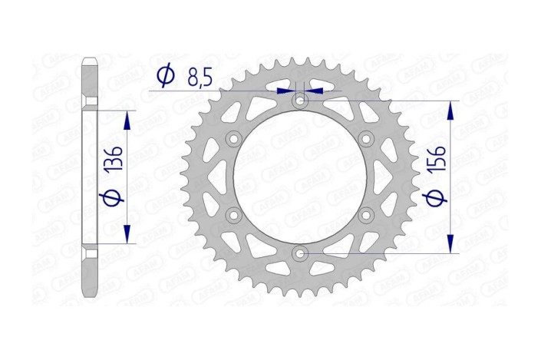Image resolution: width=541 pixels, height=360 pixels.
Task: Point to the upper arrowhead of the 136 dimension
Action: [x=127, y=117]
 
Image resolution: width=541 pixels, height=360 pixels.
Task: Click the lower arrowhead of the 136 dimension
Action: [x=127, y=236]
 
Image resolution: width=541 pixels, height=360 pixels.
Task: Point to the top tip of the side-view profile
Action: [x=90, y=57]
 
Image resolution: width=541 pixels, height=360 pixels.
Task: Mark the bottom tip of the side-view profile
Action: [x=90, y=296]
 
